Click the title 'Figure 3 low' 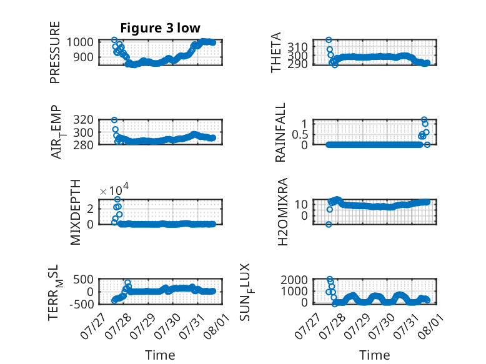tap(161, 28)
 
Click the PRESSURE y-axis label tap(54, 52)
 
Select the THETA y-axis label tap(275, 52)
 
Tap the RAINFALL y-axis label tap(280, 132)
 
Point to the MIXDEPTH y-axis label tap(76, 212)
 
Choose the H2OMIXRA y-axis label tap(283, 212)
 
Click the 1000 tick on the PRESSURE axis tap(80, 42)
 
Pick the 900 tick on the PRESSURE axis tap(83, 57)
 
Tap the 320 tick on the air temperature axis tap(83, 120)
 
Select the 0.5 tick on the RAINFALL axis tap(300, 135)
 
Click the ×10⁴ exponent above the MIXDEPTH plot tap(114, 189)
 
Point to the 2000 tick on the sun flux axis tap(294, 280)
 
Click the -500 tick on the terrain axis tap(81, 304)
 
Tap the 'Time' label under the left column tap(160, 355)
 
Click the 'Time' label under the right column tap(374, 355)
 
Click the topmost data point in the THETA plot tap(329, 40)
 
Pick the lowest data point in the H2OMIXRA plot tap(329, 224)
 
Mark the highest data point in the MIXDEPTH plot tap(117, 199)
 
